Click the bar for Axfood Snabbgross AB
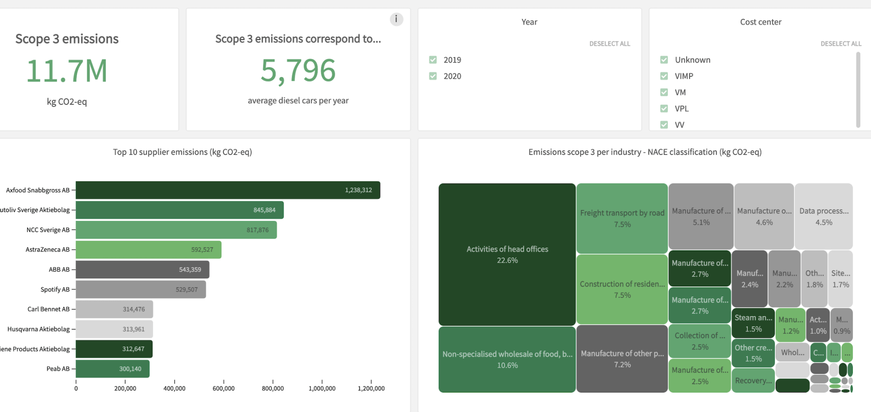coord(228,190)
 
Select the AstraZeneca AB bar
coord(148,250)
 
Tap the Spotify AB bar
coord(141,289)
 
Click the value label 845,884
coord(264,210)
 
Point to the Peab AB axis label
coord(58,369)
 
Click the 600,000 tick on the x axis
coord(223,388)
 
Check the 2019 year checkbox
coord(433,60)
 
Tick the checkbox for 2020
coord(433,76)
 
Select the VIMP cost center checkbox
coord(664,76)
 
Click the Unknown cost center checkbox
coord(664,60)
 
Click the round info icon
coord(396,19)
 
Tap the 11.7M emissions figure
coord(67,71)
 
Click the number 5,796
coord(298,71)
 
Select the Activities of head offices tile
coord(507,254)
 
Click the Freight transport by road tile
coord(622,218)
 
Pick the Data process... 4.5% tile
coord(823,216)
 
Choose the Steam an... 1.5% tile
coord(753,323)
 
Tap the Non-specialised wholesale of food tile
coord(507,359)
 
